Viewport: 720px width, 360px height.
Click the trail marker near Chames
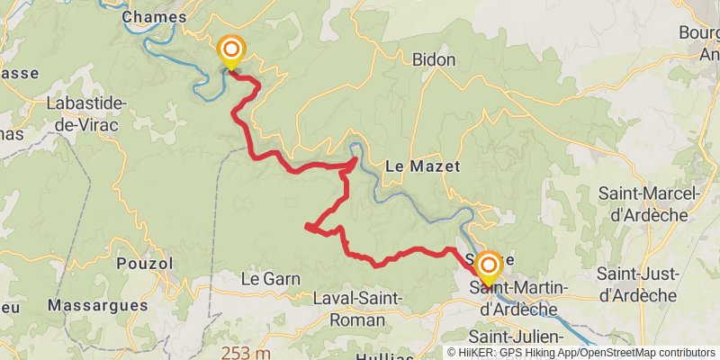[231, 49]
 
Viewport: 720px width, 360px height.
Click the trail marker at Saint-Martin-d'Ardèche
[489, 265]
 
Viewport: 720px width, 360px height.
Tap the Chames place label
[153, 16]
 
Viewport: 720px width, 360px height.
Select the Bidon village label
[434, 60]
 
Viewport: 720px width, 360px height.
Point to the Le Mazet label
[422, 166]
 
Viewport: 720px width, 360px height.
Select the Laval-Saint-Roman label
[358, 309]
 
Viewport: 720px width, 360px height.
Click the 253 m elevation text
[247, 352]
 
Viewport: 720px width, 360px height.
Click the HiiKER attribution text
[522, 353]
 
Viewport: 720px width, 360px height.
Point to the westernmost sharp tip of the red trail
[308, 226]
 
